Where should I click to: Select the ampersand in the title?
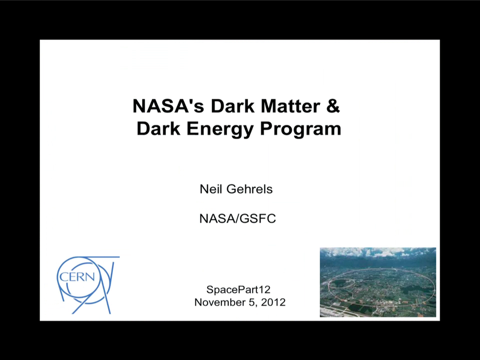tap(333, 106)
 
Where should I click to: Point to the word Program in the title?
tap(300, 128)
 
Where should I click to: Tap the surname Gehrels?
tap(249, 189)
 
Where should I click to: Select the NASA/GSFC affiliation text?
tap(238, 218)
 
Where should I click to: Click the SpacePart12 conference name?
tap(239, 289)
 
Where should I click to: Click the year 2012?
tap(273, 302)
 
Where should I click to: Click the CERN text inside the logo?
tap(77, 277)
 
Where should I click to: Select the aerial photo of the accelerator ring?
tap(378, 282)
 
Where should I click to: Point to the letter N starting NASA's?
tap(140, 106)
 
